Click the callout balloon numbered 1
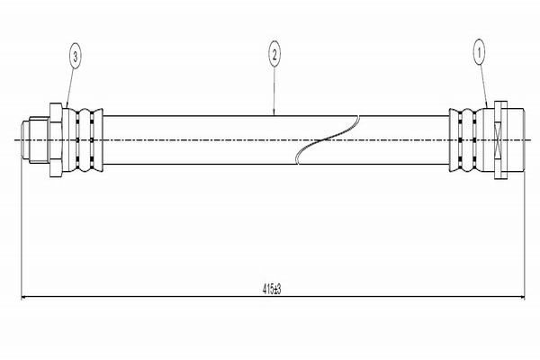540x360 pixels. pyautogui.click(x=479, y=52)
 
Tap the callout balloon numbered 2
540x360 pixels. pyautogui.click(x=274, y=54)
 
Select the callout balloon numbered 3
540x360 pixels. pyautogui.click(x=76, y=56)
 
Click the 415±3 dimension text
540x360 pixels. pyautogui.click(x=272, y=289)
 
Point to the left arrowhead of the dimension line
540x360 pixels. pyautogui.click(x=24, y=296)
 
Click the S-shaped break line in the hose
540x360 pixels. pyautogui.click(x=328, y=139)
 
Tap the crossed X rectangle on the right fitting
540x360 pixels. pyautogui.click(x=500, y=139)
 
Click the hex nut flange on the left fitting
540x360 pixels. pyautogui.click(x=56, y=139)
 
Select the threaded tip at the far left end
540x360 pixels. pyautogui.click(x=25, y=139)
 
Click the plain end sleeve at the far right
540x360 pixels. pyautogui.click(x=516, y=139)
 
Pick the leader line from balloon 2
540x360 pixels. pyautogui.click(x=274, y=91)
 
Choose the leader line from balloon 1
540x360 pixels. pyautogui.click(x=483, y=86)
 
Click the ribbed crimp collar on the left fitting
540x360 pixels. pyautogui.click(x=83, y=139)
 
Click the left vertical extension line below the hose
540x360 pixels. pyautogui.click(x=22, y=229)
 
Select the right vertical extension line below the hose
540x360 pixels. pyautogui.click(x=525, y=235)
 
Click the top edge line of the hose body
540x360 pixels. pyautogui.click(x=276, y=116)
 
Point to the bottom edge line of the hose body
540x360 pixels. pyautogui.click(x=276, y=164)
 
